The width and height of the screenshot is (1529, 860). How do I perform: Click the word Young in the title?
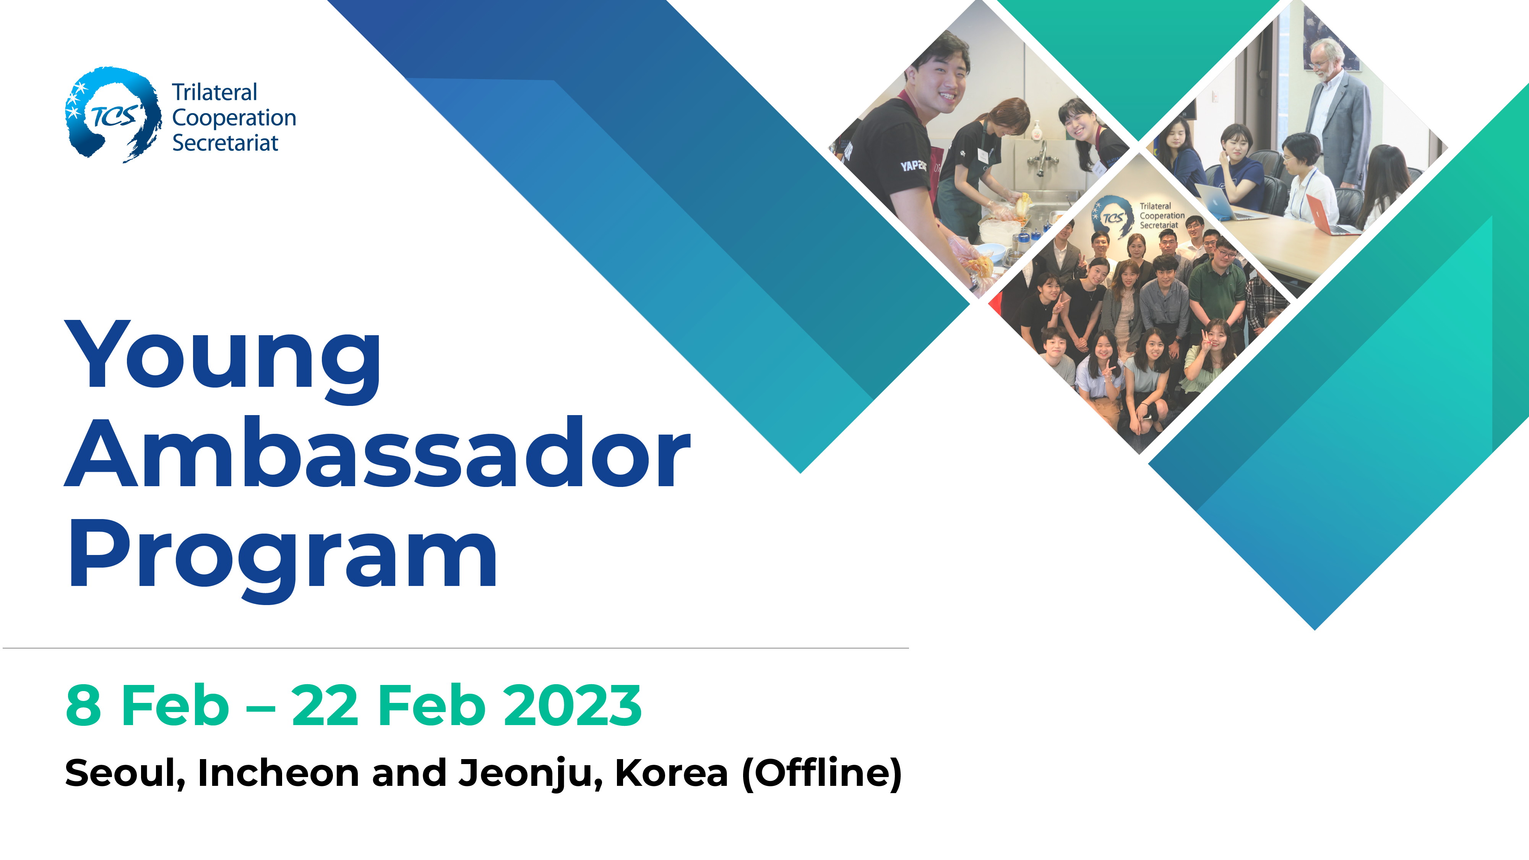pyautogui.click(x=223, y=361)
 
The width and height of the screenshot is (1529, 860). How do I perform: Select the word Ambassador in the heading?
pyautogui.click(x=378, y=452)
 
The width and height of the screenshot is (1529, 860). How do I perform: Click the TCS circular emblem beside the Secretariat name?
pyautogui.click(x=113, y=115)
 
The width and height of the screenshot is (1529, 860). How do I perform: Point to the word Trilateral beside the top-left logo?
pyautogui.click(x=214, y=92)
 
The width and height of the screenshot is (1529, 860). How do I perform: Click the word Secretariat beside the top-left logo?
pyautogui.click(x=225, y=143)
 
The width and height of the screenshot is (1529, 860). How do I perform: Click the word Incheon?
pyautogui.click(x=278, y=773)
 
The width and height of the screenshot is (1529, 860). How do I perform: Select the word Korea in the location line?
pyautogui.click(x=671, y=773)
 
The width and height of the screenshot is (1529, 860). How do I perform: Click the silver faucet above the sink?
pyautogui.click(x=1042, y=157)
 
